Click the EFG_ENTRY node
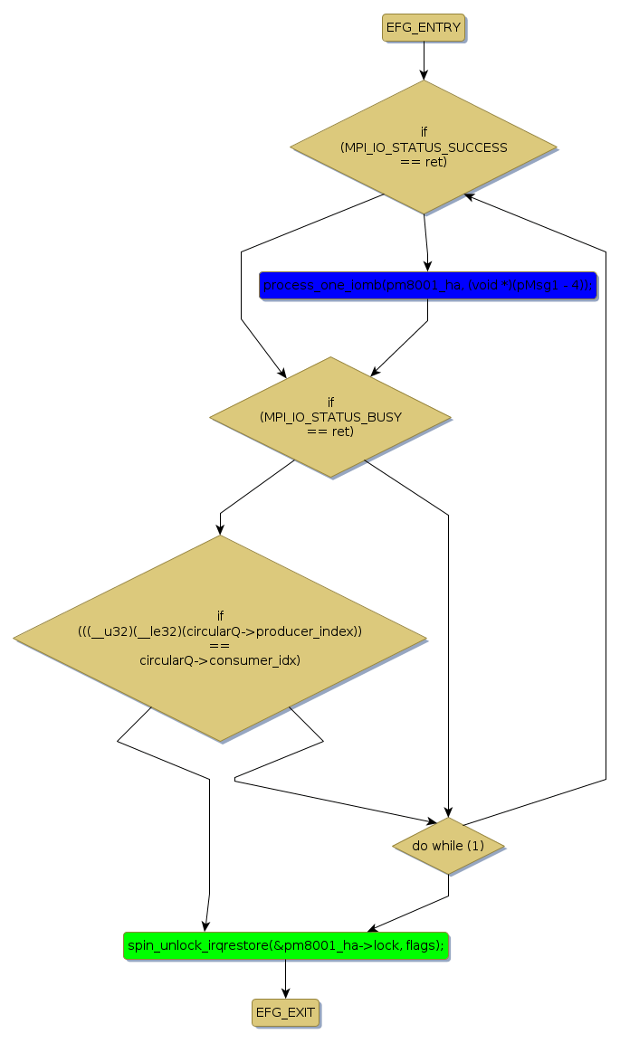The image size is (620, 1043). tap(424, 28)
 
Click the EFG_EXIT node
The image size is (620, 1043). tap(285, 1012)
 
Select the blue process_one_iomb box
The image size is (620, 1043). tap(427, 286)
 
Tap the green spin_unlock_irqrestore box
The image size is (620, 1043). tap(285, 945)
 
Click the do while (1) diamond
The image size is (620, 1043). tap(448, 846)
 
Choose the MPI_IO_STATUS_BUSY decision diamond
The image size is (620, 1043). tap(330, 417)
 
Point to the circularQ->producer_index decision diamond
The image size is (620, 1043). tap(220, 639)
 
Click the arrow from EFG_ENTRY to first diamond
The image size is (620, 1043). tap(424, 62)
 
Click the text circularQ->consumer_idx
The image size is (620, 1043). tap(220, 660)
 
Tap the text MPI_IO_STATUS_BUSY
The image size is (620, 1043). tap(330, 417)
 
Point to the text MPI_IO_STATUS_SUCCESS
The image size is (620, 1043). tap(424, 147)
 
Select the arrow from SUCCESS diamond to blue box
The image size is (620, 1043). tap(425, 242)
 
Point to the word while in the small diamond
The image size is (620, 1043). tap(448, 846)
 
